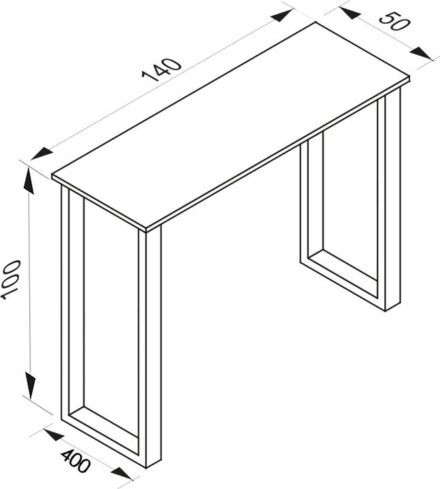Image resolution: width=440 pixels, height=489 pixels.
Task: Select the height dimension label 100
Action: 10,279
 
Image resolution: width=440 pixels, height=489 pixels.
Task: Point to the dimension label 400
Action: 76,461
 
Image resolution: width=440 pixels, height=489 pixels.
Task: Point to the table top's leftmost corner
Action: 53,177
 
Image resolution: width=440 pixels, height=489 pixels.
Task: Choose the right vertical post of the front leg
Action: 153,346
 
